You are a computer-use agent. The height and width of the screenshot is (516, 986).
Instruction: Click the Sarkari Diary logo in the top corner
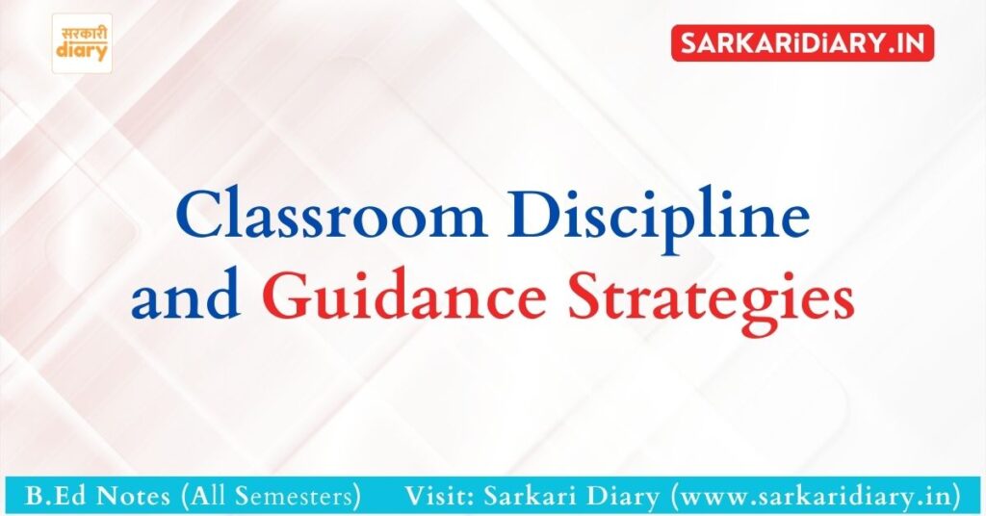tap(82, 43)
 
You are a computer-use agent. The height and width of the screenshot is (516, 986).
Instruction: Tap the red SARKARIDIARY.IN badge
tap(802, 43)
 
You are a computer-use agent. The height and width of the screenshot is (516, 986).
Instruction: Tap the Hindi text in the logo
tap(82, 33)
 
